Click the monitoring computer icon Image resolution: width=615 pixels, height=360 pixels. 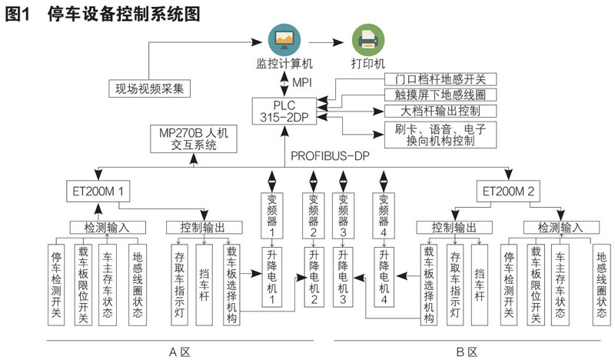(x=284, y=40)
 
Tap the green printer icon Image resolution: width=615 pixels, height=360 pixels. (x=368, y=40)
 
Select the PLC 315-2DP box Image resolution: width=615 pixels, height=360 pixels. (x=284, y=111)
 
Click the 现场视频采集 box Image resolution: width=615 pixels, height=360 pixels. (x=149, y=88)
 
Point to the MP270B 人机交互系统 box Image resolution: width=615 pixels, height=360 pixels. (x=194, y=139)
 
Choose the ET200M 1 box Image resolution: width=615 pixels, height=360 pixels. (x=98, y=192)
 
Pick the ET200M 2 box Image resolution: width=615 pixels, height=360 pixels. (x=508, y=192)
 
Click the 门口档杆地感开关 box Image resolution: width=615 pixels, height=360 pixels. (x=440, y=79)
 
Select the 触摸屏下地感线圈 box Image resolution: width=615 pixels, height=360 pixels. (x=440, y=95)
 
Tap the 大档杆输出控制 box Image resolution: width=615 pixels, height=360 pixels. (x=440, y=111)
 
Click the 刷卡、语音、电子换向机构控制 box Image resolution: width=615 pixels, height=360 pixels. (x=440, y=135)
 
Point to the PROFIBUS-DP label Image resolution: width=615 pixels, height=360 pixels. (x=331, y=156)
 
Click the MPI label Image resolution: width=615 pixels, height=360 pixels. (x=302, y=82)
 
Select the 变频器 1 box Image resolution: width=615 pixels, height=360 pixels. (x=272, y=215)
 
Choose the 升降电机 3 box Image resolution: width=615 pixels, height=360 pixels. (x=343, y=277)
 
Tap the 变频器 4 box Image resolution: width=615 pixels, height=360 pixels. (x=384, y=215)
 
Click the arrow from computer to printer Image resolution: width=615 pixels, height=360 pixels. (x=326, y=42)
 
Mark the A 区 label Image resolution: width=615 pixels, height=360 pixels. (x=180, y=352)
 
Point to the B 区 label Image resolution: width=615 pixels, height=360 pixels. (x=467, y=352)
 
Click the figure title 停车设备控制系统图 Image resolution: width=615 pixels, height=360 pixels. (x=124, y=14)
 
